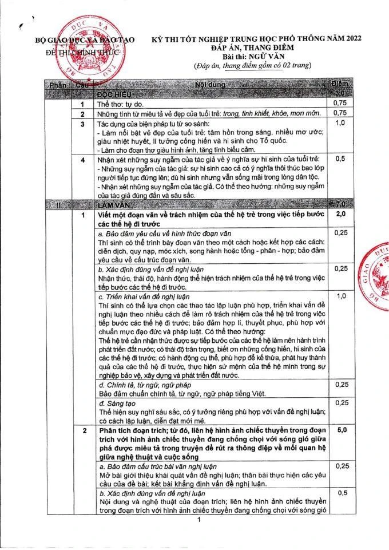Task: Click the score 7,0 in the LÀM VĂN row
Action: pyautogui.click(x=340, y=204)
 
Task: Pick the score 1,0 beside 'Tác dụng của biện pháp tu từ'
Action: pyautogui.click(x=340, y=123)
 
